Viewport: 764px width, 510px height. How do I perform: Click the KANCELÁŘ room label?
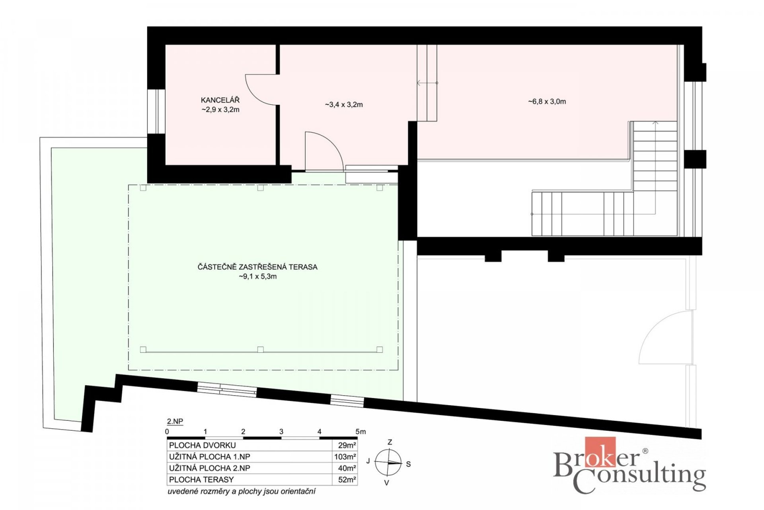click(x=220, y=100)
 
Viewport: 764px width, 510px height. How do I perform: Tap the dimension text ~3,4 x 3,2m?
click(x=344, y=105)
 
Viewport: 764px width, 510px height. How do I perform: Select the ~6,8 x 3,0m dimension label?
click(x=547, y=102)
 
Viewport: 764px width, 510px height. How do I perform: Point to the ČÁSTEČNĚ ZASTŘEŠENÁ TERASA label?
click(x=257, y=267)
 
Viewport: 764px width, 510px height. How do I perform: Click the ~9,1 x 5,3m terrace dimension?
click(x=258, y=277)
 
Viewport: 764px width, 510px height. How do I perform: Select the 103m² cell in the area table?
click(x=345, y=457)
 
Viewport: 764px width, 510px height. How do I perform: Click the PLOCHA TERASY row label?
click(x=201, y=480)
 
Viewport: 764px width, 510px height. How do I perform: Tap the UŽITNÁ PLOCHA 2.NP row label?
click(x=210, y=468)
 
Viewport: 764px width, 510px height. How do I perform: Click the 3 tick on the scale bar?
click(x=281, y=432)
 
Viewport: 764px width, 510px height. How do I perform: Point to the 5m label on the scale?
click(x=361, y=432)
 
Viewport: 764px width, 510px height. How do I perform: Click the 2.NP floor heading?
click(x=175, y=421)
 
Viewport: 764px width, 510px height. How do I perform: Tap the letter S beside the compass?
click(x=408, y=464)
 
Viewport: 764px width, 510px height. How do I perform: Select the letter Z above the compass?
click(x=390, y=442)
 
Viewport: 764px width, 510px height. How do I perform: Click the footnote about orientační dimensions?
click(x=242, y=491)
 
